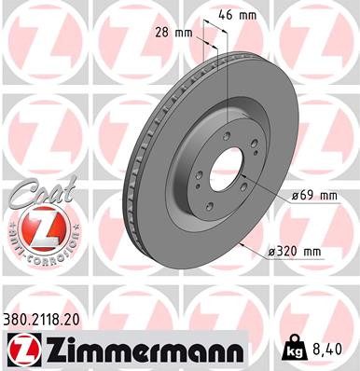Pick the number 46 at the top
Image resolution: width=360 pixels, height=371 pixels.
coord(233,16)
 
